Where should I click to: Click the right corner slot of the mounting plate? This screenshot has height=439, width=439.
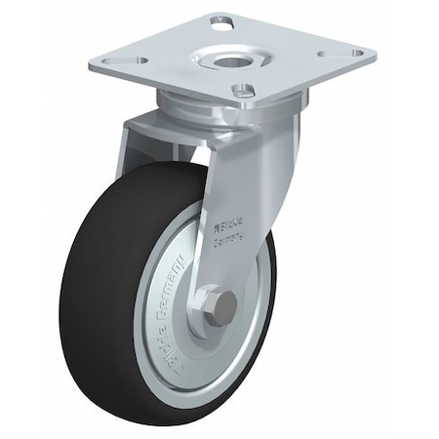click(x=357, y=53)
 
